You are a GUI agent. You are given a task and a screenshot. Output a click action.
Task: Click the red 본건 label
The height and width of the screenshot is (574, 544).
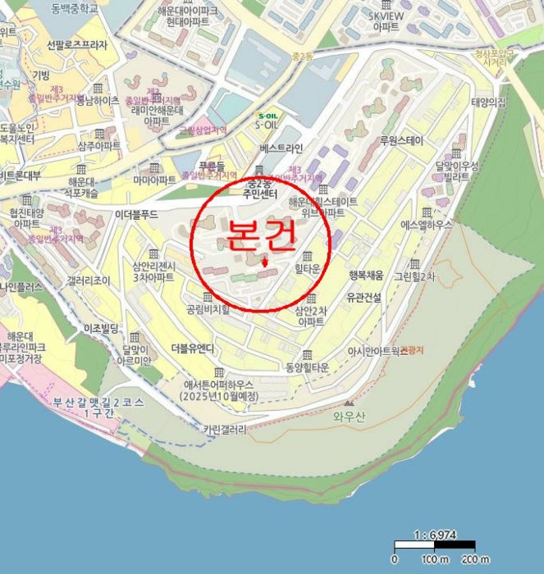[x=260, y=237]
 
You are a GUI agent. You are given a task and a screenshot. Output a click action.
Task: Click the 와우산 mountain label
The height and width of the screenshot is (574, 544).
[x=348, y=416]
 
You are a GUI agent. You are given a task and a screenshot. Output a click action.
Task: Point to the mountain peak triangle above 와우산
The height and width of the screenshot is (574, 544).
[x=349, y=403]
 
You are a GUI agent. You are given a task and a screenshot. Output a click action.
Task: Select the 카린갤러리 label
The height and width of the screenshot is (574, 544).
[x=224, y=429]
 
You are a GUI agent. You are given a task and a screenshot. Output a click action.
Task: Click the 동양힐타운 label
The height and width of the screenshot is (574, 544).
[x=308, y=367]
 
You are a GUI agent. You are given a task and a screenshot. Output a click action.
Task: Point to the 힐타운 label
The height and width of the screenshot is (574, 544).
[x=308, y=269]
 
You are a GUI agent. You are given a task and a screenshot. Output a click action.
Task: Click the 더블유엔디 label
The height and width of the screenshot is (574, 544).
[x=192, y=348]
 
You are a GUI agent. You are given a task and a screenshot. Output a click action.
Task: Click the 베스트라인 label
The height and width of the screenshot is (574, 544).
[x=281, y=148]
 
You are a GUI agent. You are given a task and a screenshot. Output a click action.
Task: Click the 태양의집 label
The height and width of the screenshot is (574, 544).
[x=488, y=102]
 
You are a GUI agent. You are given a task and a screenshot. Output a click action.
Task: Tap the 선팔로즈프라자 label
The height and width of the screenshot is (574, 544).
[x=77, y=45]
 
